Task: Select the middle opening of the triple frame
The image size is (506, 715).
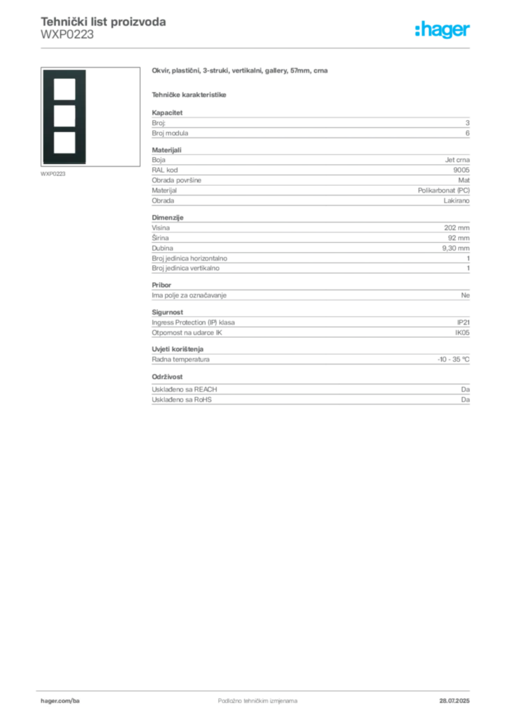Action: pos(64,115)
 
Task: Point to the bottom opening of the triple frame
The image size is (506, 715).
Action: pos(64,142)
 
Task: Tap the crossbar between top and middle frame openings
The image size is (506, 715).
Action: pos(64,102)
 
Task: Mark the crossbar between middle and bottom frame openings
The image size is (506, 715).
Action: pos(64,128)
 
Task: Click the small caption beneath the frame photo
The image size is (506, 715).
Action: pos(53,174)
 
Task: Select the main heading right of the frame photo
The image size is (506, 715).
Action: pos(240,71)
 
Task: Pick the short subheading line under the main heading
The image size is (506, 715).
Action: pos(190,94)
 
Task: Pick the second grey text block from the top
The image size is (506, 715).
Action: pos(310,177)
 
